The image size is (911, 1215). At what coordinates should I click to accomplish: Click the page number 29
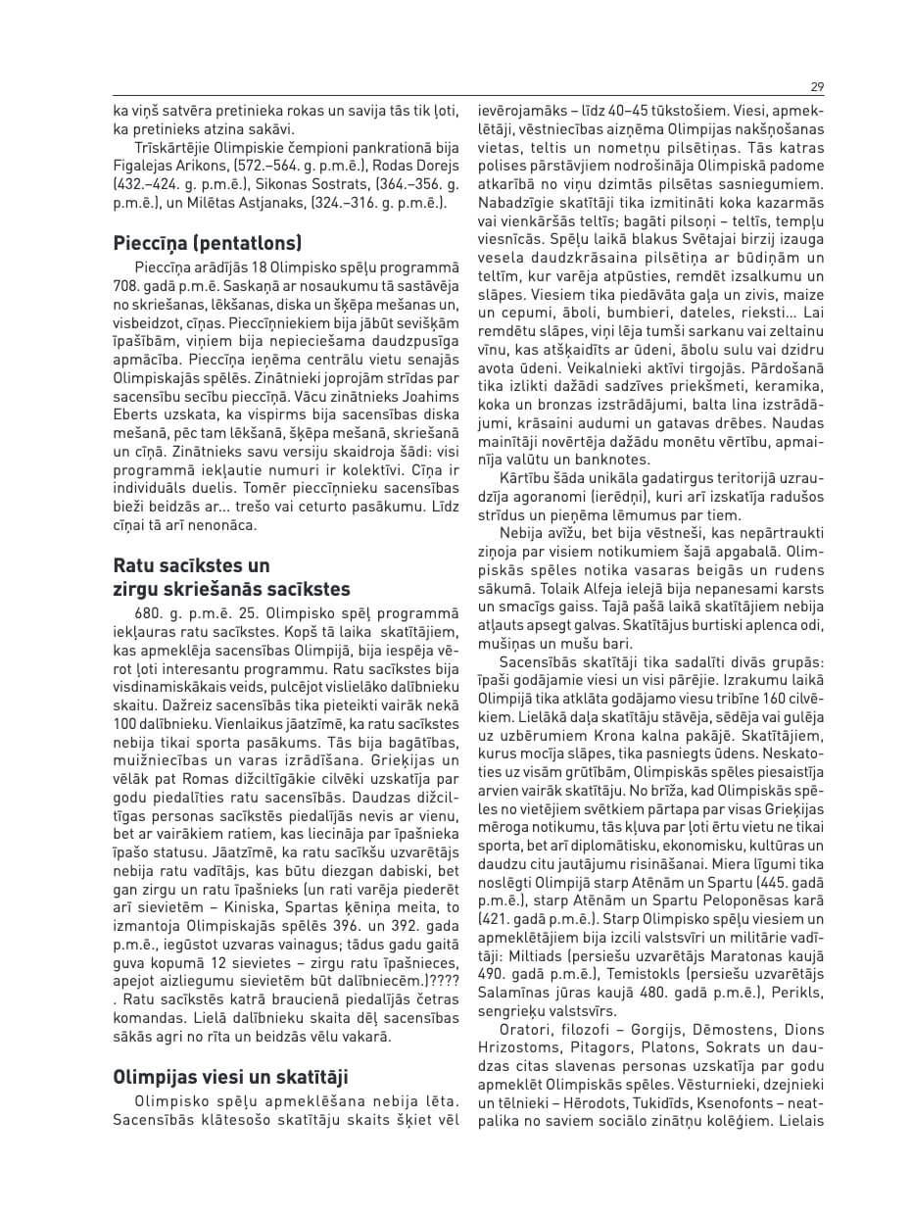click(817, 86)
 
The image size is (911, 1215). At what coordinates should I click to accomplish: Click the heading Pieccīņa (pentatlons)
click(208, 242)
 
